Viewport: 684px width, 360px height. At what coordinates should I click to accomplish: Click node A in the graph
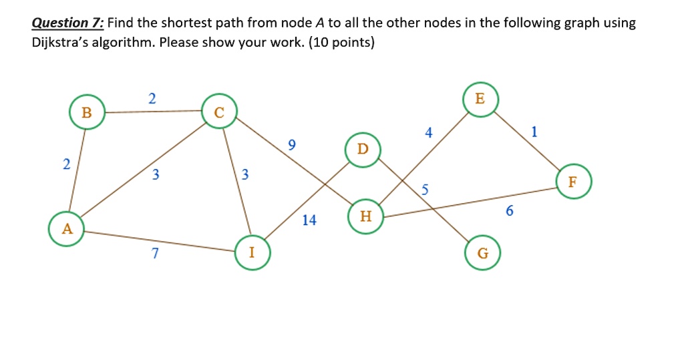click(66, 229)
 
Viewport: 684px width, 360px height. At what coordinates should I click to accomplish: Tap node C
click(219, 112)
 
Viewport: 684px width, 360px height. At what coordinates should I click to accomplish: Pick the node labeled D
click(363, 148)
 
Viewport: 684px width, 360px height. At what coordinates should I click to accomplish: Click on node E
click(480, 98)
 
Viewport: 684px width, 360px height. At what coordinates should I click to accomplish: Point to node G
click(483, 253)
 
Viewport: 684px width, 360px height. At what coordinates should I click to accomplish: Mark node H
click(365, 216)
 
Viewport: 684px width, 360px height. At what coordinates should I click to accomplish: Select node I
click(252, 252)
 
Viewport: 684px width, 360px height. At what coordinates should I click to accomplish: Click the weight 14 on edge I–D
click(309, 220)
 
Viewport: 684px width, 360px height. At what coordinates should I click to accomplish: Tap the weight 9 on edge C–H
click(291, 145)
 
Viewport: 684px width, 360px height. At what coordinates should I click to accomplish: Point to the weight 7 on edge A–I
click(155, 253)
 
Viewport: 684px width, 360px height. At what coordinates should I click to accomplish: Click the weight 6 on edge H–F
click(510, 211)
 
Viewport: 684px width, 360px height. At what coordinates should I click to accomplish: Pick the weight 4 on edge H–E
click(428, 133)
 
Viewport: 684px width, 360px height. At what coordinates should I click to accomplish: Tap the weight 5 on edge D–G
click(424, 189)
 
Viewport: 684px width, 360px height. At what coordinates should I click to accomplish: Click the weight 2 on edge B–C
click(152, 99)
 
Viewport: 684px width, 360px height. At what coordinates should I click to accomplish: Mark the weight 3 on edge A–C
click(155, 175)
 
